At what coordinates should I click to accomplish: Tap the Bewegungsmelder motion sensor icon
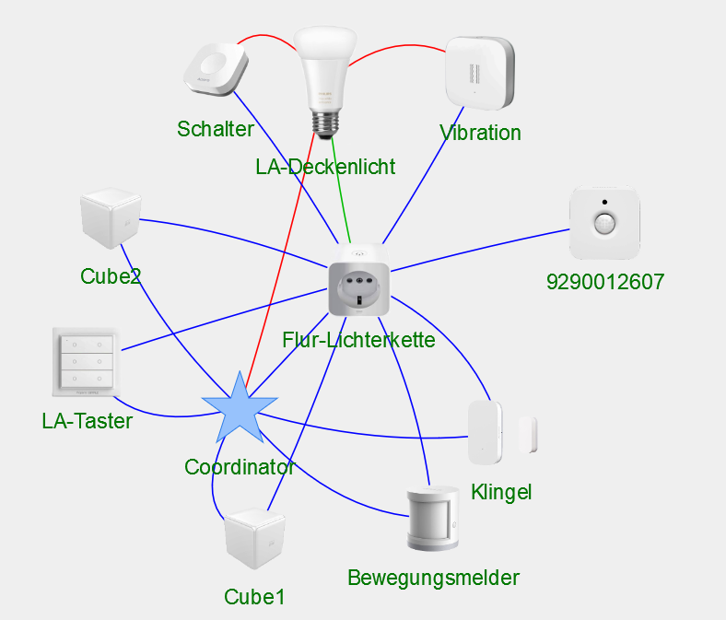click(x=432, y=519)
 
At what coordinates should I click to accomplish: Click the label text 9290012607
click(x=604, y=282)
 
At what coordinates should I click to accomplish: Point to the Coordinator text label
click(x=239, y=467)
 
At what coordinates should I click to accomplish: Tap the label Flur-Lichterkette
click(x=358, y=339)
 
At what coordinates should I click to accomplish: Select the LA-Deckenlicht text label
click(x=325, y=167)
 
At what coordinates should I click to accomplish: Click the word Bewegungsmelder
click(x=433, y=578)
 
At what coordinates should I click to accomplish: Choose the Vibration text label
click(x=480, y=133)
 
